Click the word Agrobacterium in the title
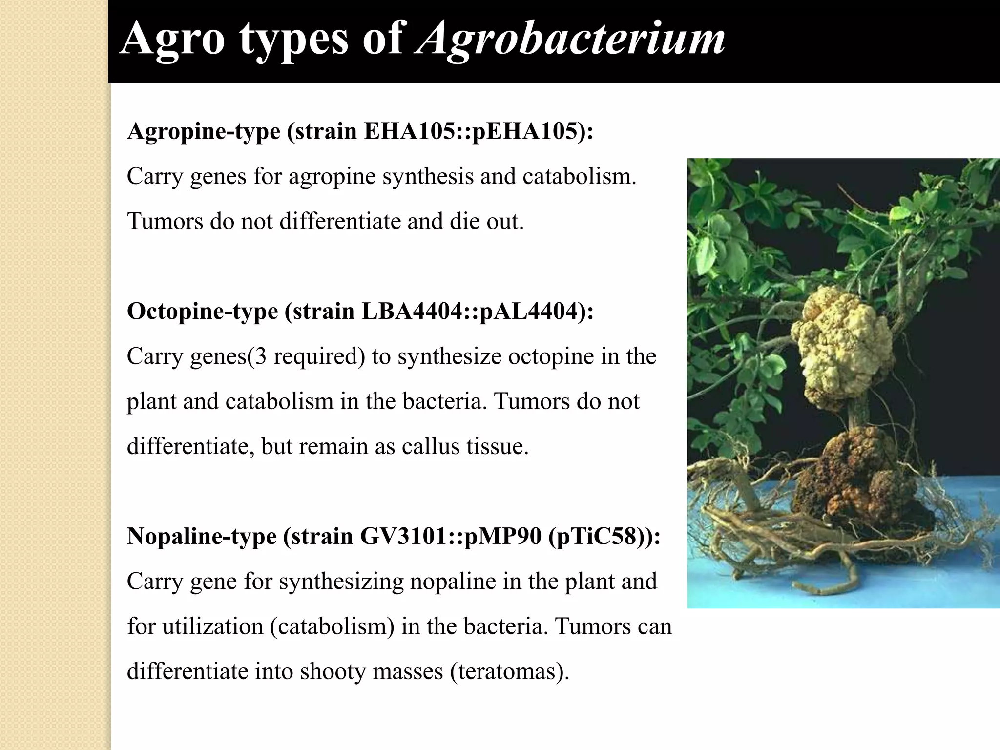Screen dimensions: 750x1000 click(570, 39)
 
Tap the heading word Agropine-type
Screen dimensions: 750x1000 click(203, 131)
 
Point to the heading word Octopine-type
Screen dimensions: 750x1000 click(202, 312)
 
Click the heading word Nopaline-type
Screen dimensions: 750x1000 click(202, 537)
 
